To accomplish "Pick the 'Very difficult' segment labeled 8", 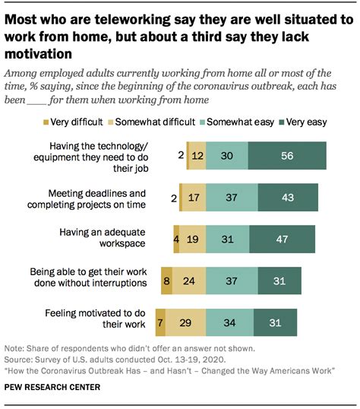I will (166, 280).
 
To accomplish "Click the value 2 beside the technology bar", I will (181, 154).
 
